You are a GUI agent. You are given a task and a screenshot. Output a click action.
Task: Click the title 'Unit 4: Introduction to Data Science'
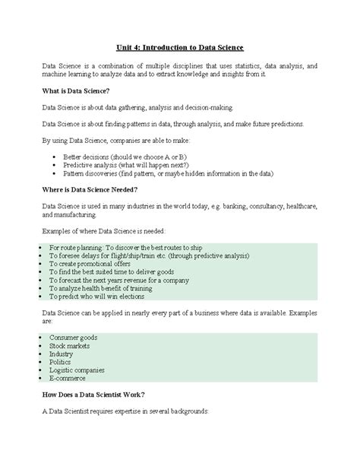[x=179, y=47]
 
